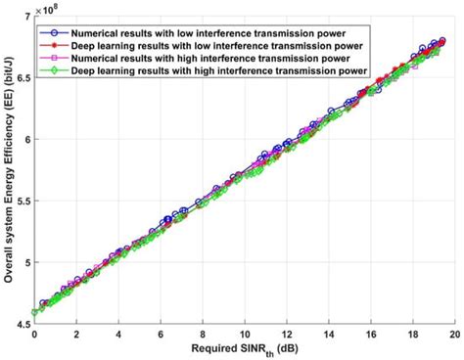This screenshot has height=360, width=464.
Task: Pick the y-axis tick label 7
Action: pos(23,16)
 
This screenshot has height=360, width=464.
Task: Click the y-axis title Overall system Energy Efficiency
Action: pos(7,166)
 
